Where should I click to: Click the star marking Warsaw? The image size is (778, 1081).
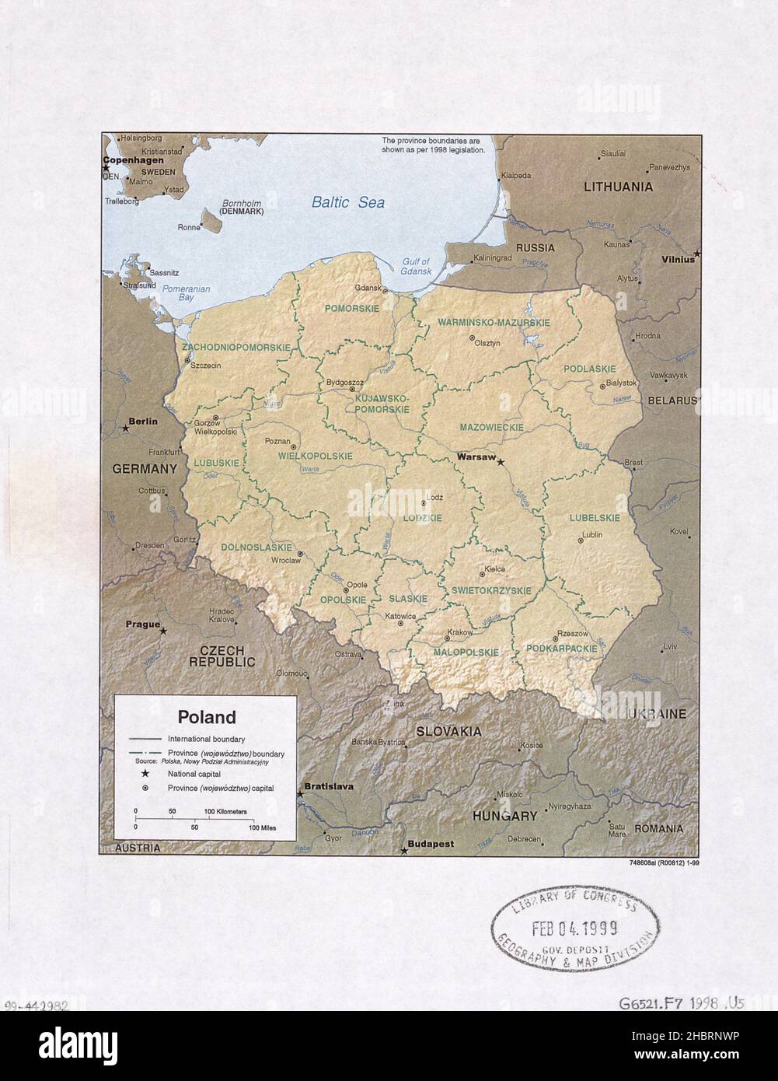tap(501, 463)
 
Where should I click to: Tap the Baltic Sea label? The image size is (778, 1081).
tap(347, 202)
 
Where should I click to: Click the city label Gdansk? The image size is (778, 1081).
tap(367, 288)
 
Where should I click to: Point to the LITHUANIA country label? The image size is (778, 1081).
tap(618, 187)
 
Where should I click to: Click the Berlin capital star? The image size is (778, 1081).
tap(125, 428)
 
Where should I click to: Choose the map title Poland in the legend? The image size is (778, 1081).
tap(206, 717)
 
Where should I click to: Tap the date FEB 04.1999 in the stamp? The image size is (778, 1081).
tap(574, 928)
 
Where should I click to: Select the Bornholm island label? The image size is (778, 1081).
tap(241, 203)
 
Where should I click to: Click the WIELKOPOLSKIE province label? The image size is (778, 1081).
tap(309, 457)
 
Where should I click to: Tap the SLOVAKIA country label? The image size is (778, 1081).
tap(448, 732)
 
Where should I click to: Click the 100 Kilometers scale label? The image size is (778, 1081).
tap(226, 812)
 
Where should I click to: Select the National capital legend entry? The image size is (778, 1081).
tap(194, 774)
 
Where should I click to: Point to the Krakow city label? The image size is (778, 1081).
tap(460, 633)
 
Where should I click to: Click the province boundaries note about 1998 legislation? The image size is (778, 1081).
tap(432, 145)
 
